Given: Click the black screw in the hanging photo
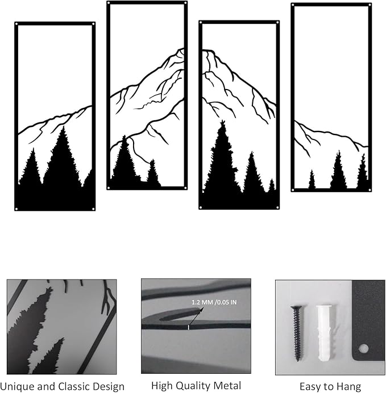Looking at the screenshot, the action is tap(297, 333).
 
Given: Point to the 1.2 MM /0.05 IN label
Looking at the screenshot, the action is tap(214, 302).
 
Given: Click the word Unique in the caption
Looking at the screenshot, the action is tap(18, 387).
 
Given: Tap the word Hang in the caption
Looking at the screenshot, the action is tap(348, 387).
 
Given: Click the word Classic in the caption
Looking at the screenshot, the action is tap(76, 386).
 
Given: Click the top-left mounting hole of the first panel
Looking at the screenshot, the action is tap(16, 24).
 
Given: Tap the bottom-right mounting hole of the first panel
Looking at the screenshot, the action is tap(93, 209).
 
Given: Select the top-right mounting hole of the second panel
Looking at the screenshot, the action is tap(185, 3).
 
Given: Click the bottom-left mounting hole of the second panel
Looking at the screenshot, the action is tap(109, 188).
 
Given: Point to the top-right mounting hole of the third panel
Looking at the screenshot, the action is tap(277, 23).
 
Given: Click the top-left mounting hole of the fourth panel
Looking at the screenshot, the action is tap(293, 5).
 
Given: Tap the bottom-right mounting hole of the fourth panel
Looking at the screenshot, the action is tap(370, 190).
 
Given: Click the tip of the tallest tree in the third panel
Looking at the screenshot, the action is tap(222, 121).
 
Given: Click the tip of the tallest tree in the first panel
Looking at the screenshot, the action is tap(63, 126).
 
